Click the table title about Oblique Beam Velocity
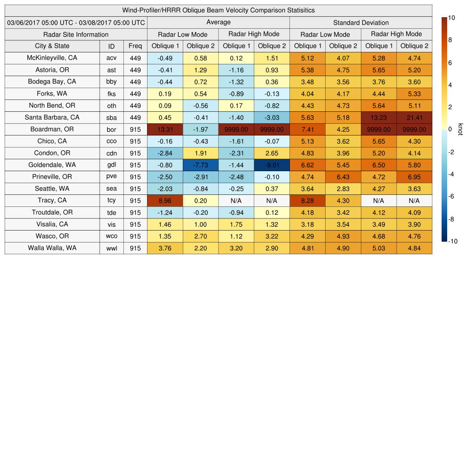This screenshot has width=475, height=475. [x=218, y=10]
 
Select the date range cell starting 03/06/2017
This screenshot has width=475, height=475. [x=76, y=22]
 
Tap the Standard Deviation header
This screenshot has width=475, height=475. [x=361, y=23]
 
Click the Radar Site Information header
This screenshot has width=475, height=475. [x=76, y=34]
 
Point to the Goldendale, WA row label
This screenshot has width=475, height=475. [x=52, y=165]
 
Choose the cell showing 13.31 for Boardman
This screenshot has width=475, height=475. [x=165, y=129]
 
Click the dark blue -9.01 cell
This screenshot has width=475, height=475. [x=272, y=165]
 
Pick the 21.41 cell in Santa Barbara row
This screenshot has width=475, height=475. [x=414, y=117]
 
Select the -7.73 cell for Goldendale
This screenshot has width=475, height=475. [x=200, y=165]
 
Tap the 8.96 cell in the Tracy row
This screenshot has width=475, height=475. [x=165, y=200]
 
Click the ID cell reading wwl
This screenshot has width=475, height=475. [x=111, y=248]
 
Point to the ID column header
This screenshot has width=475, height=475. [x=111, y=46]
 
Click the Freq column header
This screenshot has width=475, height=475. [x=135, y=46]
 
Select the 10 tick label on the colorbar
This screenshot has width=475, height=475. [x=451, y=17]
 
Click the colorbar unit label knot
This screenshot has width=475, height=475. [x=461, y=129]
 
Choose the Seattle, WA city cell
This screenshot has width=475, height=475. [x=52, y=189]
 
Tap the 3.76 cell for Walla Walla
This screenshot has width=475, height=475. [x=165, y=248]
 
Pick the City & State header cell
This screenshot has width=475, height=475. [x=52, y=46]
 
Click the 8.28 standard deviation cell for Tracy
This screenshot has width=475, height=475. [x=308, y=200]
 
